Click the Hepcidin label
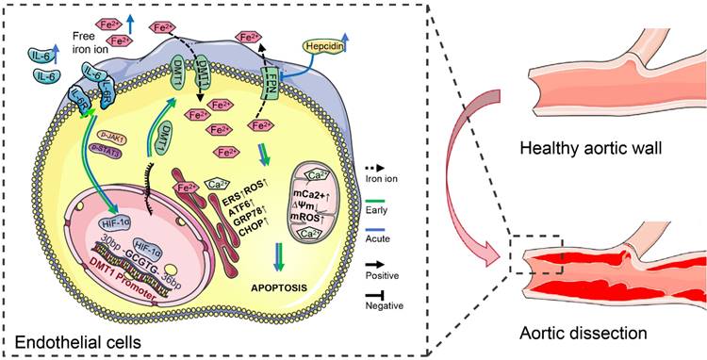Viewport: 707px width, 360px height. (x=328, y=45)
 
